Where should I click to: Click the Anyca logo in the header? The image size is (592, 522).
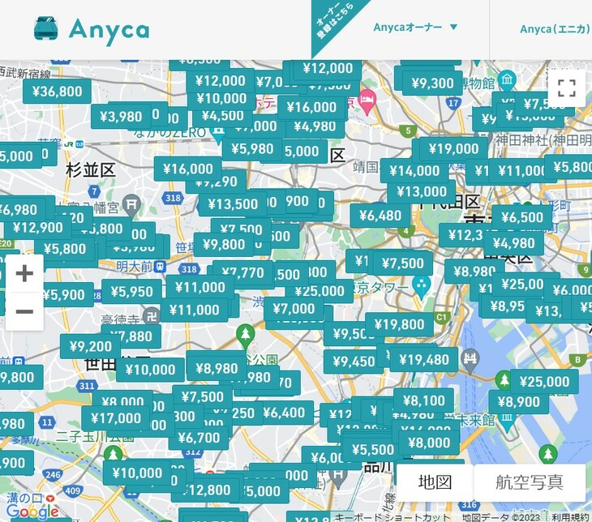point(92,30)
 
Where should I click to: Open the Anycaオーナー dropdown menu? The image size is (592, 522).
point(416,28)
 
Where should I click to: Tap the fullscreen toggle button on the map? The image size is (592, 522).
point(567,89)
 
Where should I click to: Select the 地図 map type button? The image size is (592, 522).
point(435,481)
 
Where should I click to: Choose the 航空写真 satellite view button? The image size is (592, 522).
point(530,481)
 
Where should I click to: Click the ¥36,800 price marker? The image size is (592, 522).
point(57,92)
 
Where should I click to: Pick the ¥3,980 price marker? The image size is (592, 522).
point(121,117)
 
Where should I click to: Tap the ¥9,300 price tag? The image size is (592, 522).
point(432,83)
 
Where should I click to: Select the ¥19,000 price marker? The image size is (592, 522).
point(453,149)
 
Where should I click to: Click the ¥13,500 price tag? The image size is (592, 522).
point(233,204)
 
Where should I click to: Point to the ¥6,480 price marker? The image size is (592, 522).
point(380,216)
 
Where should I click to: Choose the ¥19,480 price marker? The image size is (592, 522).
point(423,360)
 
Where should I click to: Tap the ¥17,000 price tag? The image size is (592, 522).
point(115,418)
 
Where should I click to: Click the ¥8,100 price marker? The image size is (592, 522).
point(423,400)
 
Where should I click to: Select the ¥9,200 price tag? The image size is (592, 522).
point(91,347)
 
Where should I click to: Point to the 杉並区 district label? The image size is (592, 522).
point(91,170)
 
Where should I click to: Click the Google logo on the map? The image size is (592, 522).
point(32,511)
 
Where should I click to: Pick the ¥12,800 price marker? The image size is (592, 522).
point(207,490)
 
